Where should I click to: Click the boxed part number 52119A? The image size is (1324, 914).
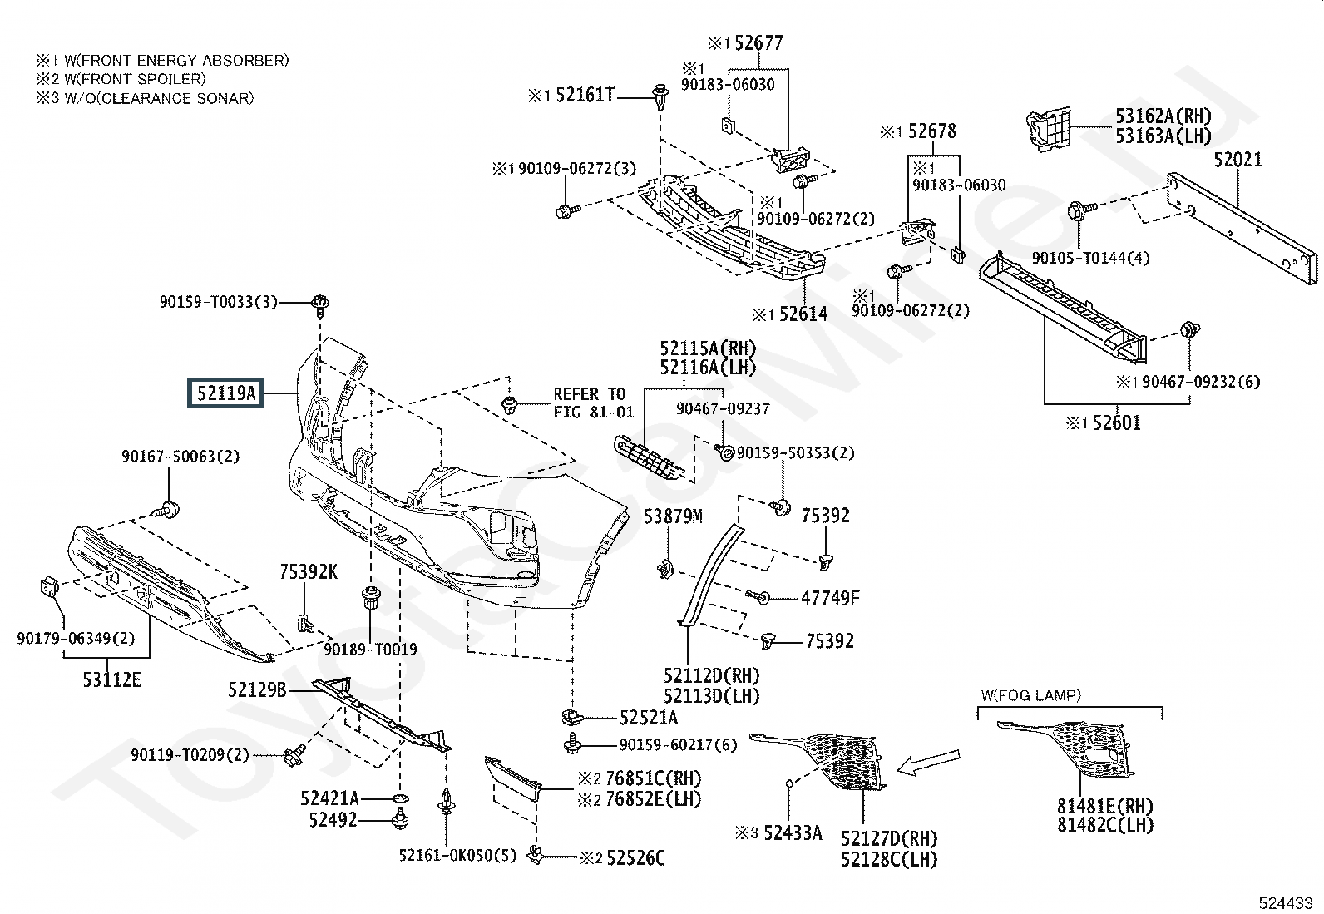click(225, 393)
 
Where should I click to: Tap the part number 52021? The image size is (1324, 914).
click(1238, 160)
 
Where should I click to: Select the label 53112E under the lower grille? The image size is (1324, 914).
click(111, 679)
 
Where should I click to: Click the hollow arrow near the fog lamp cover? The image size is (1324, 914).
click(928, 762)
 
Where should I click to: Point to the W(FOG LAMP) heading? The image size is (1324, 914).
click(1030, 695)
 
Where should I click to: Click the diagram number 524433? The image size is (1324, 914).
click(1286, 902)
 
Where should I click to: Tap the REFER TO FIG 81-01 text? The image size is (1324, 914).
click(594, 403)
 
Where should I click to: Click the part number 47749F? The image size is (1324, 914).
click(830, 598)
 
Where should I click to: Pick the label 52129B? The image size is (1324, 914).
click(257, 689)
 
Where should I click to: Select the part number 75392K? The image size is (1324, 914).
click(309, 571)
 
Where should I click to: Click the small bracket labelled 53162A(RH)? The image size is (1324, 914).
click(1048, 129)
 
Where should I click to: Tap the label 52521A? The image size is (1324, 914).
click(649, 718)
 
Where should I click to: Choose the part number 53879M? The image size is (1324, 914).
click(673, 516)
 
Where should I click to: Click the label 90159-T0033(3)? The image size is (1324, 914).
click(219, 302)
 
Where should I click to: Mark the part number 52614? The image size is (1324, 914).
click(803, 314)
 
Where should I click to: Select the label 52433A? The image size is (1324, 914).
click(793, 833)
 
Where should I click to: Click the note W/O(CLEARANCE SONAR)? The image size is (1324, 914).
click(159, 98)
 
